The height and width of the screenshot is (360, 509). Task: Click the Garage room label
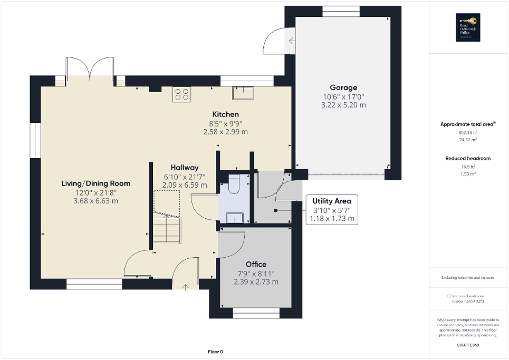point(343,87)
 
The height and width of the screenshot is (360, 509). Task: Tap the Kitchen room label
point(225,114)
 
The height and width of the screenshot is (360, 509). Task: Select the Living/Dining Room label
point(95,183)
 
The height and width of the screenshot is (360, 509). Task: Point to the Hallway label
point(184,167)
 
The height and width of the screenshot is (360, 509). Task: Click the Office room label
point(256,264)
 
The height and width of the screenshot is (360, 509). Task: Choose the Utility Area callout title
point(332,201)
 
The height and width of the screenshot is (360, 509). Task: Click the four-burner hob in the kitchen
point(182,94)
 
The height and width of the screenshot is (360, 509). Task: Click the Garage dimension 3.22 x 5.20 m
point(343,105)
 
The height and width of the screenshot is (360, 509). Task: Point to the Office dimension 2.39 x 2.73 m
point(256,282)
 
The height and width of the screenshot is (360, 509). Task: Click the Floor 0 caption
point(215,352)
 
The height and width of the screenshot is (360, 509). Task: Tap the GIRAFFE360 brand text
point(468,345)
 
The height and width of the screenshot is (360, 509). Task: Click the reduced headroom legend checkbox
point(449,296)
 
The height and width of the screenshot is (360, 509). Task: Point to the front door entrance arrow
point(186,287)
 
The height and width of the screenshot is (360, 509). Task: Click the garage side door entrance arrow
point(292,40)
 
